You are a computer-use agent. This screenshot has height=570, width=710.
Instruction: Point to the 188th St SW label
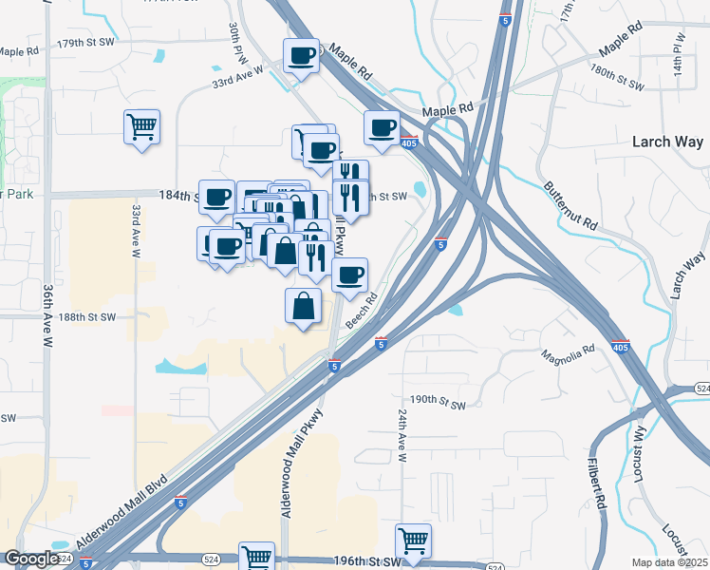pyautogui.click(x=88, y=317)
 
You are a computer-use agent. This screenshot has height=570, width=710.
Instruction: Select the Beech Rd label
pyautogui.click(x=362, y=311)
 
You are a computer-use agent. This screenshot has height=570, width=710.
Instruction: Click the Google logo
pyautogui.click(x=32, y=559)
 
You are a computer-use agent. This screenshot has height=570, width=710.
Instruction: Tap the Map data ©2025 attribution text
pyautogui.click(x=669, y=562)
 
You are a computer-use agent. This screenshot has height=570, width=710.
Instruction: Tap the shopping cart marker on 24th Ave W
pyautogui.click(x=413, y=541)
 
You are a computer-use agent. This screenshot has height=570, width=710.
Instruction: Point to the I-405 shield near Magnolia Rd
pyautogui.click(x=620, y=346)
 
